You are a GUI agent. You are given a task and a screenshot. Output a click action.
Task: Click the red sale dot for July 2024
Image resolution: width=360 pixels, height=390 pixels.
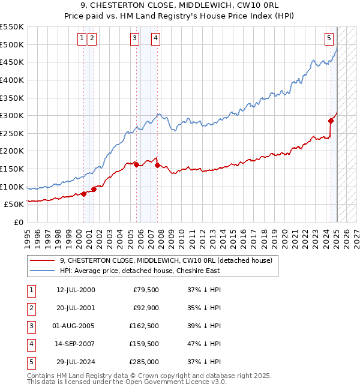tap(331, 121)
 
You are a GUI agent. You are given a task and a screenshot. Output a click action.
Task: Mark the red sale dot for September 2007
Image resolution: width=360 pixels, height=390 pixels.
tap(157, 165)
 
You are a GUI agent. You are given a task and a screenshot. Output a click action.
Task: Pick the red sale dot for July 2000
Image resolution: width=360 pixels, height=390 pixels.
tap(84, 193)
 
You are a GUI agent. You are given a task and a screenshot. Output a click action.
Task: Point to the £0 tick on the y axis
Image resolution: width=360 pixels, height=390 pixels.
tap(18, 222)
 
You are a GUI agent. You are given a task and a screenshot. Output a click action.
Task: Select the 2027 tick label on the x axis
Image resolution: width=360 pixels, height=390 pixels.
tap(356, 234)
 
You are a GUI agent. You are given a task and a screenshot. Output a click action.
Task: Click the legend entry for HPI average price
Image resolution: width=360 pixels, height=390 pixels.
tap(140, 271)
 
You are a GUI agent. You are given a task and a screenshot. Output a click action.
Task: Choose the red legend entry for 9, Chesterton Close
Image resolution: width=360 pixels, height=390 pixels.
tap(166, 260)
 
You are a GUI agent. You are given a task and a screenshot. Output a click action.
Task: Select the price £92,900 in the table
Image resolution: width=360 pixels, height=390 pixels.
tap(146, 308)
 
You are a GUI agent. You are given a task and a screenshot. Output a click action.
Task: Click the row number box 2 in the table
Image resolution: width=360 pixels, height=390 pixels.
tap(31, 308)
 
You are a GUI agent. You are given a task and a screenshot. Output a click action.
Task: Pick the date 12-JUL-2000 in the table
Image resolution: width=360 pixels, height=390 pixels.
tap(76, 290)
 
